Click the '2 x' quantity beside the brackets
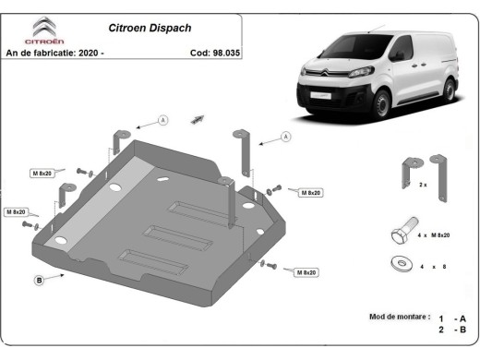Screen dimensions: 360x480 (424, 186)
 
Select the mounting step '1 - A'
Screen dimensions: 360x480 (452, 317)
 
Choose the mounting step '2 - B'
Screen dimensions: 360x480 (452, 330)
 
